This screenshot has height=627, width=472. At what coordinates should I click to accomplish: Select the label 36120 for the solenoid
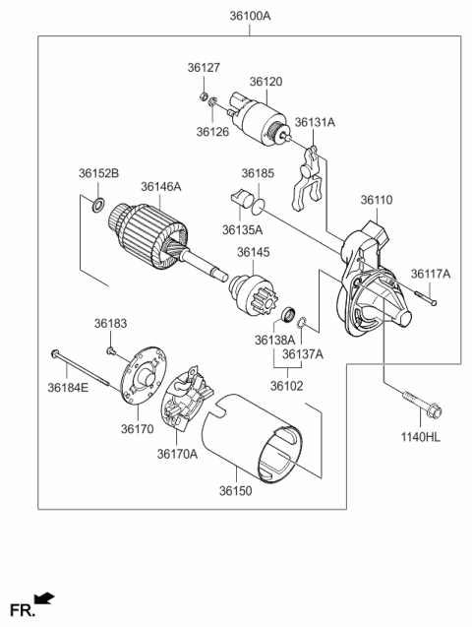coord(265,83)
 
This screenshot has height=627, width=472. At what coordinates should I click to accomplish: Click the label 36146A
coord(160,185)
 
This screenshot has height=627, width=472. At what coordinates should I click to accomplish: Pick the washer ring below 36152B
coord(98,206)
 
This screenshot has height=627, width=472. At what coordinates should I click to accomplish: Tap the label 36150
coord(237,489)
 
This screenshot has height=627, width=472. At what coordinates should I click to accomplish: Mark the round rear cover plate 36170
coord(140,376)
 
